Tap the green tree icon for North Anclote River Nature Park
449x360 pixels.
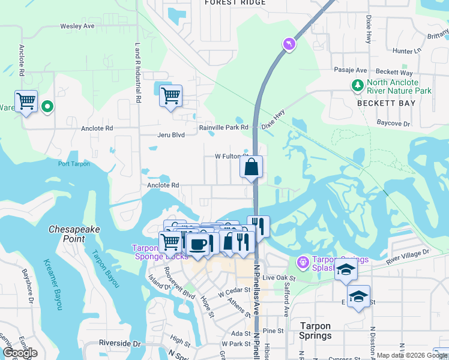point(358,86)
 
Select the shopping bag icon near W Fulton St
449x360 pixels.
point(251,167)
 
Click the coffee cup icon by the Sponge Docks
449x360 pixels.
point(197,244)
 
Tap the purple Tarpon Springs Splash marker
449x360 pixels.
point(302,262)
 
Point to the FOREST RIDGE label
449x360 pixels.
point(235,3)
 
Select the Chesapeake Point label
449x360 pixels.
point(74,234)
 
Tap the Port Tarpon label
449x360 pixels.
point(74,164)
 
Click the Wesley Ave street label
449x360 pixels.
point(77,26)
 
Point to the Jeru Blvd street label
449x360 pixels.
point(170,136)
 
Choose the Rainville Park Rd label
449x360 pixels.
point(224,128)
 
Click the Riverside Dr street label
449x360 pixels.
point(120,344)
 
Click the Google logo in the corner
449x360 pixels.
point(20,353)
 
